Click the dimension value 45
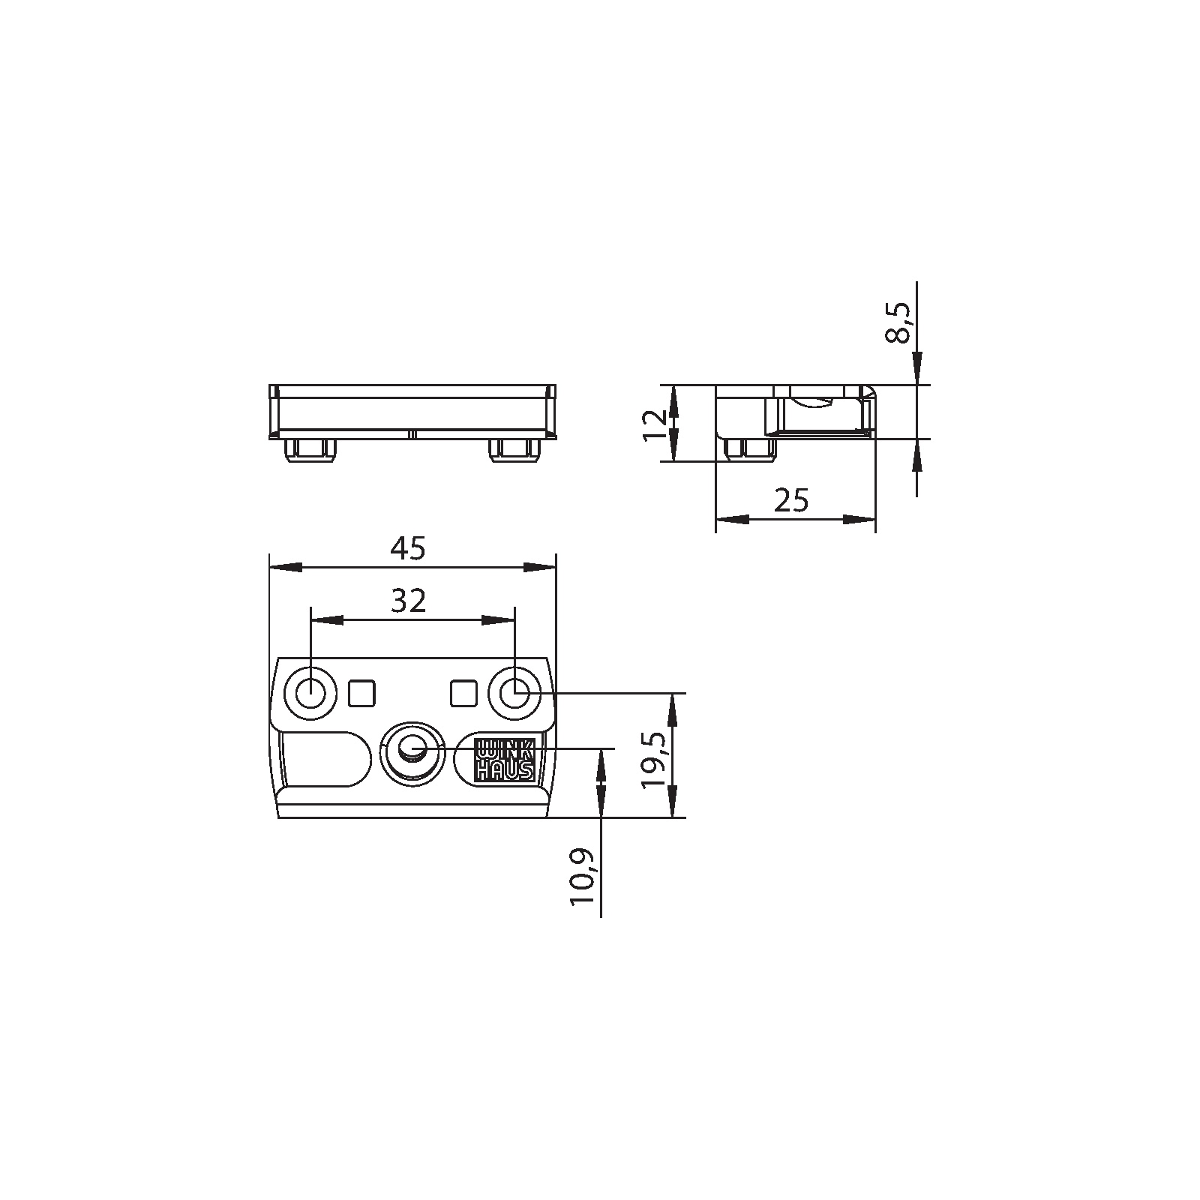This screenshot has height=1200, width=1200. [408, 549]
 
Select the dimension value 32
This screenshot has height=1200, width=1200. [409, 601]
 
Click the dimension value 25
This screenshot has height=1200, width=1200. [792, 500]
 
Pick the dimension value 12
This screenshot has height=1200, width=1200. [654, 424]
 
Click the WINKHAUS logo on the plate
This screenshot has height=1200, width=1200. [505, 760]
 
